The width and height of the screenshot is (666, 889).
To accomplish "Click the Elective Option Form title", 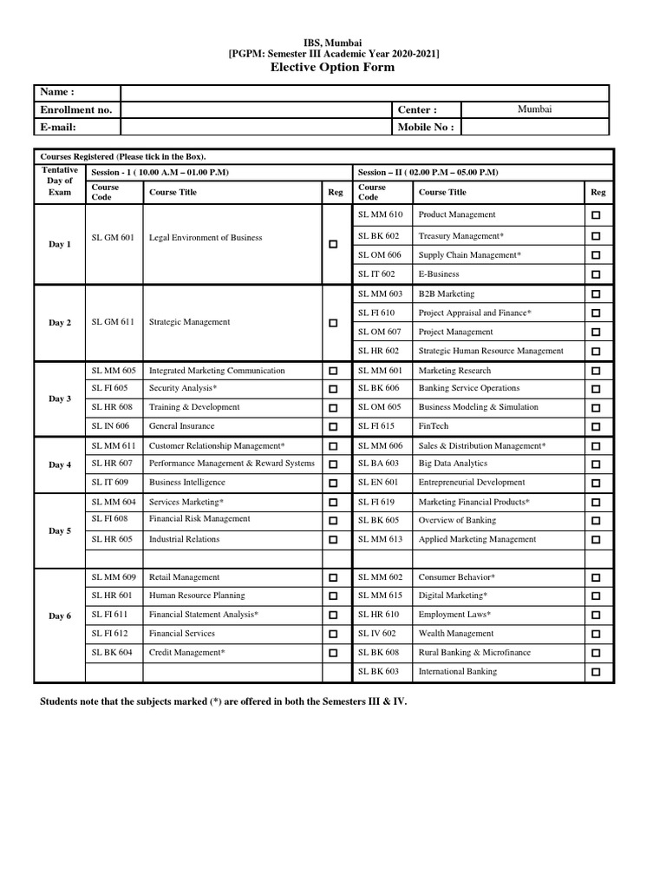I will click(334, 67).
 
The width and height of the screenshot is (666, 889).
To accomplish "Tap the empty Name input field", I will click(364, 93).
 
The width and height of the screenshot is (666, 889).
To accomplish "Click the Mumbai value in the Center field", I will click(535, 109).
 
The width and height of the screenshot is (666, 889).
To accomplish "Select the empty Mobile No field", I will click(535, 127).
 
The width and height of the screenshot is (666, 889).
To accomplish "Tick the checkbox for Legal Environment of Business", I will click(333, 245).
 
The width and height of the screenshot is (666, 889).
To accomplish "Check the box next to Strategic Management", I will click(333, 323).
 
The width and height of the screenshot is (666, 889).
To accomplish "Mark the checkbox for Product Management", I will click(596, 215).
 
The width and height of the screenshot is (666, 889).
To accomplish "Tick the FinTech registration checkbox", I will click(596, 427).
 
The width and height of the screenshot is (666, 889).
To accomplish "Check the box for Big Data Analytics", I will click(596, 464).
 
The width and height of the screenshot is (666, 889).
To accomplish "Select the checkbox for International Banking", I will click(596, 672).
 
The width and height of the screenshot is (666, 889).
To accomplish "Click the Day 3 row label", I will click(60, 398).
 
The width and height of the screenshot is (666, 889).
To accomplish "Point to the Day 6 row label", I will click(60, 616).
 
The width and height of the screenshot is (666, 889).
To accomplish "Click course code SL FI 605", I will click(109, 388).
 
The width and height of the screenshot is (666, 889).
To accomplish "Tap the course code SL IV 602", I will click(377, 634).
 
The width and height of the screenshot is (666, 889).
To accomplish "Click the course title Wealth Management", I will click(456, 634).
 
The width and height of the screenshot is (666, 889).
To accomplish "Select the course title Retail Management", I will click(184, 577).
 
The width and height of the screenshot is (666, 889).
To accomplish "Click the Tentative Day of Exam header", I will click(60, 181).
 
